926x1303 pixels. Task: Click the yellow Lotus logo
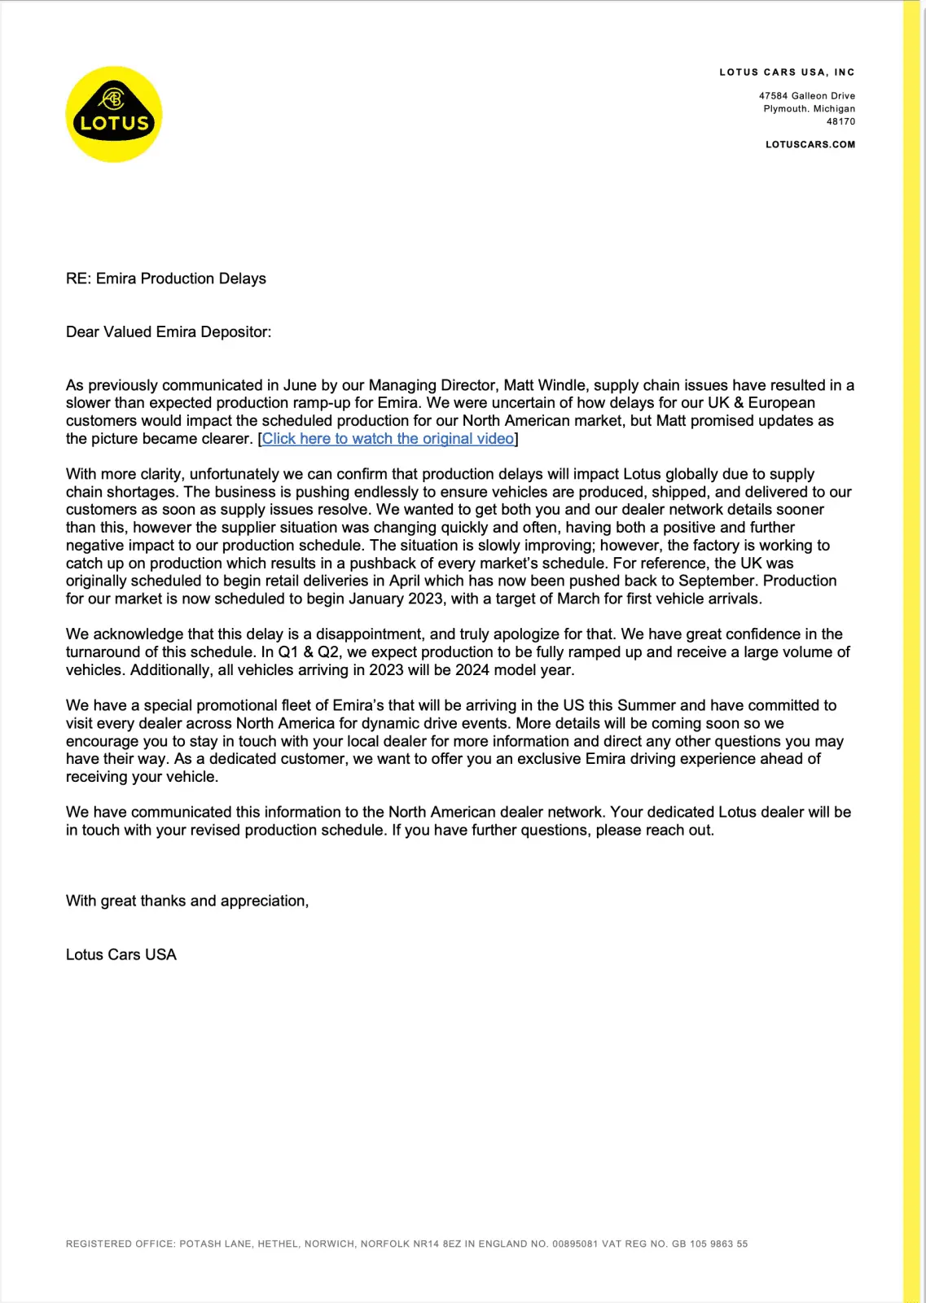(x=114, y=114)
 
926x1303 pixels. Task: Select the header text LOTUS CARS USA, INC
(x=787, y=72)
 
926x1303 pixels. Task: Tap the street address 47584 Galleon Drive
(x=806, y=96)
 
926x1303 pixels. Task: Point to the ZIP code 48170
(x=840, y=122)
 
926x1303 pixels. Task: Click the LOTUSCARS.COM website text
(x=810, y=145)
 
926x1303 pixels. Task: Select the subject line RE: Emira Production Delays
(x=166, y=279)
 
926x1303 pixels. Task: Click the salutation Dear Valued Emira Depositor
(x=169, y=332)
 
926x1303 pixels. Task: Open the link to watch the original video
(x=388, y=439)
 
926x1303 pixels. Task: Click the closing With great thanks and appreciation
(x=187, y=902)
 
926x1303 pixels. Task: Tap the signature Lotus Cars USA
(x=121, y=955)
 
